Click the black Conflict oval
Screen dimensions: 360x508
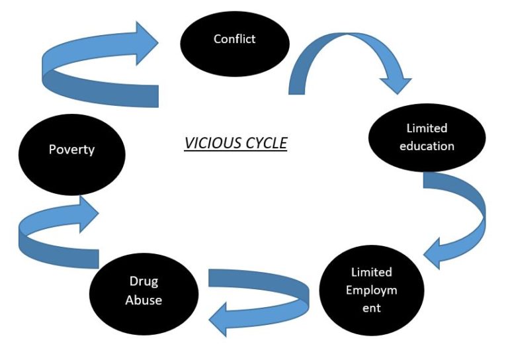[234, 44]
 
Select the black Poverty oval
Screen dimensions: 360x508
[71, 154]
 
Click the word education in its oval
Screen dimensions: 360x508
[427, 146]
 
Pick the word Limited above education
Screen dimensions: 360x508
[427, 128]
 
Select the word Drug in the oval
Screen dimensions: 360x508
[144, 281]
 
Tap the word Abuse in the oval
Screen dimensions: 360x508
[144, 299]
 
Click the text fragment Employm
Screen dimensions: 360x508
[371, 290]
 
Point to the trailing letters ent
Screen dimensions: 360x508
[371, 308]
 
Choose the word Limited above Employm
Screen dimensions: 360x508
[371, 272]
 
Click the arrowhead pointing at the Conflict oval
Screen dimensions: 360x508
[146, 43]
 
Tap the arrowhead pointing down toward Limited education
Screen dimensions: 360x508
[396, 82]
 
